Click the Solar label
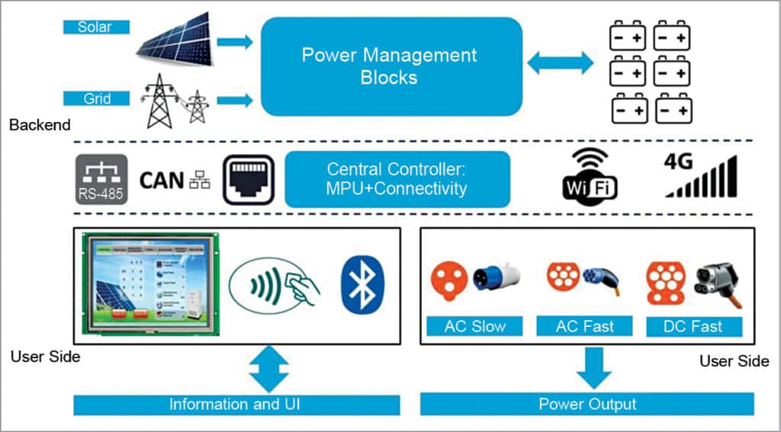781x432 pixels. pyautogui.click(x=96, y=27)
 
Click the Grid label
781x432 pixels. pyautogui.click(x=96, y=98)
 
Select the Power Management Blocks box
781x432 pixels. pyautogui.click(x=390, y=66)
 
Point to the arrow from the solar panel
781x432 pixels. pyautogui.click(x=235, y=42)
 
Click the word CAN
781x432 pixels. pyautogui.click(x=162, y=181)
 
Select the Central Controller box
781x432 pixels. pyautogui.click(x=397, y=179)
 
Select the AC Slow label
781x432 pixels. pyautogui.click(x=474, y=327)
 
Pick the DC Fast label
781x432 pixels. pyautogui.click(x=695, y=327)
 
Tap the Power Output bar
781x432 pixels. pyautogui.click(x=587, y=404)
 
